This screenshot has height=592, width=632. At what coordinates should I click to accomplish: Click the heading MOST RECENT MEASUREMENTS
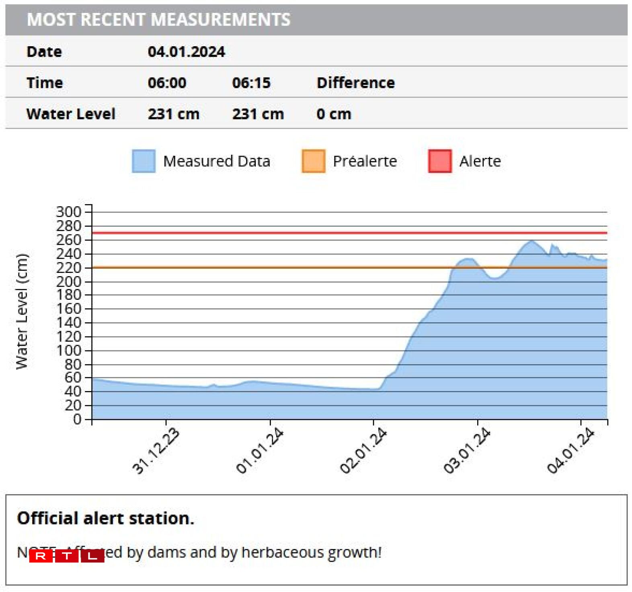158,20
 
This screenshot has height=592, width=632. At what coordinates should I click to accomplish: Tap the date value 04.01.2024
186,52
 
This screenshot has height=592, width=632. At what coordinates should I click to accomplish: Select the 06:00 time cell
167,83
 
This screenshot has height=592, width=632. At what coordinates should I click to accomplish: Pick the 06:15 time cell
251,83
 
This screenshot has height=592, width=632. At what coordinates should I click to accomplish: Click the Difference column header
355,83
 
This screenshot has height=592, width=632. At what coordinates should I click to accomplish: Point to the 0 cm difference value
333,114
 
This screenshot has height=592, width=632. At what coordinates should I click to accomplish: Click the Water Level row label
71,114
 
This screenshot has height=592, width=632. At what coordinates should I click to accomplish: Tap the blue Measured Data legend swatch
144,161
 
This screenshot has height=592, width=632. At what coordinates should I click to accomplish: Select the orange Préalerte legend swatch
313,161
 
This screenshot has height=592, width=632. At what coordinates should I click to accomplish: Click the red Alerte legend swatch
440,161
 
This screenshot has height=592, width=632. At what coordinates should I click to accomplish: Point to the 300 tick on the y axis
69,212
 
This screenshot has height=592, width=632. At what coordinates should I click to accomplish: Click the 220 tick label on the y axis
69,268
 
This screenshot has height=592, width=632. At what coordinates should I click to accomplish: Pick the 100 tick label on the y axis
69,350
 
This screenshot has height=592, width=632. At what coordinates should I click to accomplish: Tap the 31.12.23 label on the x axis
156,451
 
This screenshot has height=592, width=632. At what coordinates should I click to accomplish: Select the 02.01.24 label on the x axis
363,451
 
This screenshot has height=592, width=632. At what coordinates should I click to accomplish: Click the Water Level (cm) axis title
22,311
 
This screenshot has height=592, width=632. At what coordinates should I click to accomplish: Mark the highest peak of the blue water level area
532,241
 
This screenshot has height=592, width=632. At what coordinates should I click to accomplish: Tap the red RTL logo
66,556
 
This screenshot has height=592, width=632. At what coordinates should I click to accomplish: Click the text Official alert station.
105,518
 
